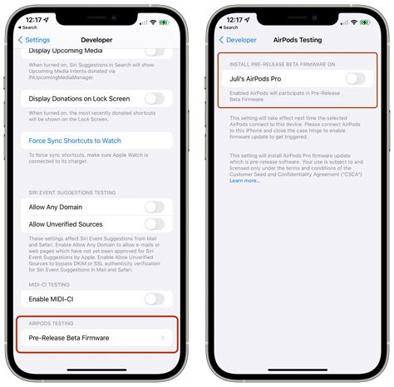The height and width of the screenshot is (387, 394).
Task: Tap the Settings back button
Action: tap(36, 39)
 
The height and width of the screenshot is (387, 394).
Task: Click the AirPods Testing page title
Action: tap(297, 39)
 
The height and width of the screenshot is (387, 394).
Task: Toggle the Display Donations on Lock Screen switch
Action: tap(154, 99)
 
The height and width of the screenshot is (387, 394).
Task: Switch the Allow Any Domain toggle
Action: tap(154, 207)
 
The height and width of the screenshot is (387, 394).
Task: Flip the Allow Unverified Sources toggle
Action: tap(154, 224)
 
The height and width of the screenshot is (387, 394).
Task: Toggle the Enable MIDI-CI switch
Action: tap(154, 298)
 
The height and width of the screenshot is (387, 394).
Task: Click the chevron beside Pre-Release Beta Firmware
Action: tap(163, 337)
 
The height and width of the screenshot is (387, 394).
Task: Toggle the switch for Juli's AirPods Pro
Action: tap(355, 79)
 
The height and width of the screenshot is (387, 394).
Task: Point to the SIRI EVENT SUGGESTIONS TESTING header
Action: tap(73, 193)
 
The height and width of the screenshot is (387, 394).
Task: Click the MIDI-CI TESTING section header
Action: tap(50, 284)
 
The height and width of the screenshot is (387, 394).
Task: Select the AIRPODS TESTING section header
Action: tap(52, 323)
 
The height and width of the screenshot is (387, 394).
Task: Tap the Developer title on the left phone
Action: tap(96, 39)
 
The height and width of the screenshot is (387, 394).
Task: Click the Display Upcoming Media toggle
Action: tap(154, 52)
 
